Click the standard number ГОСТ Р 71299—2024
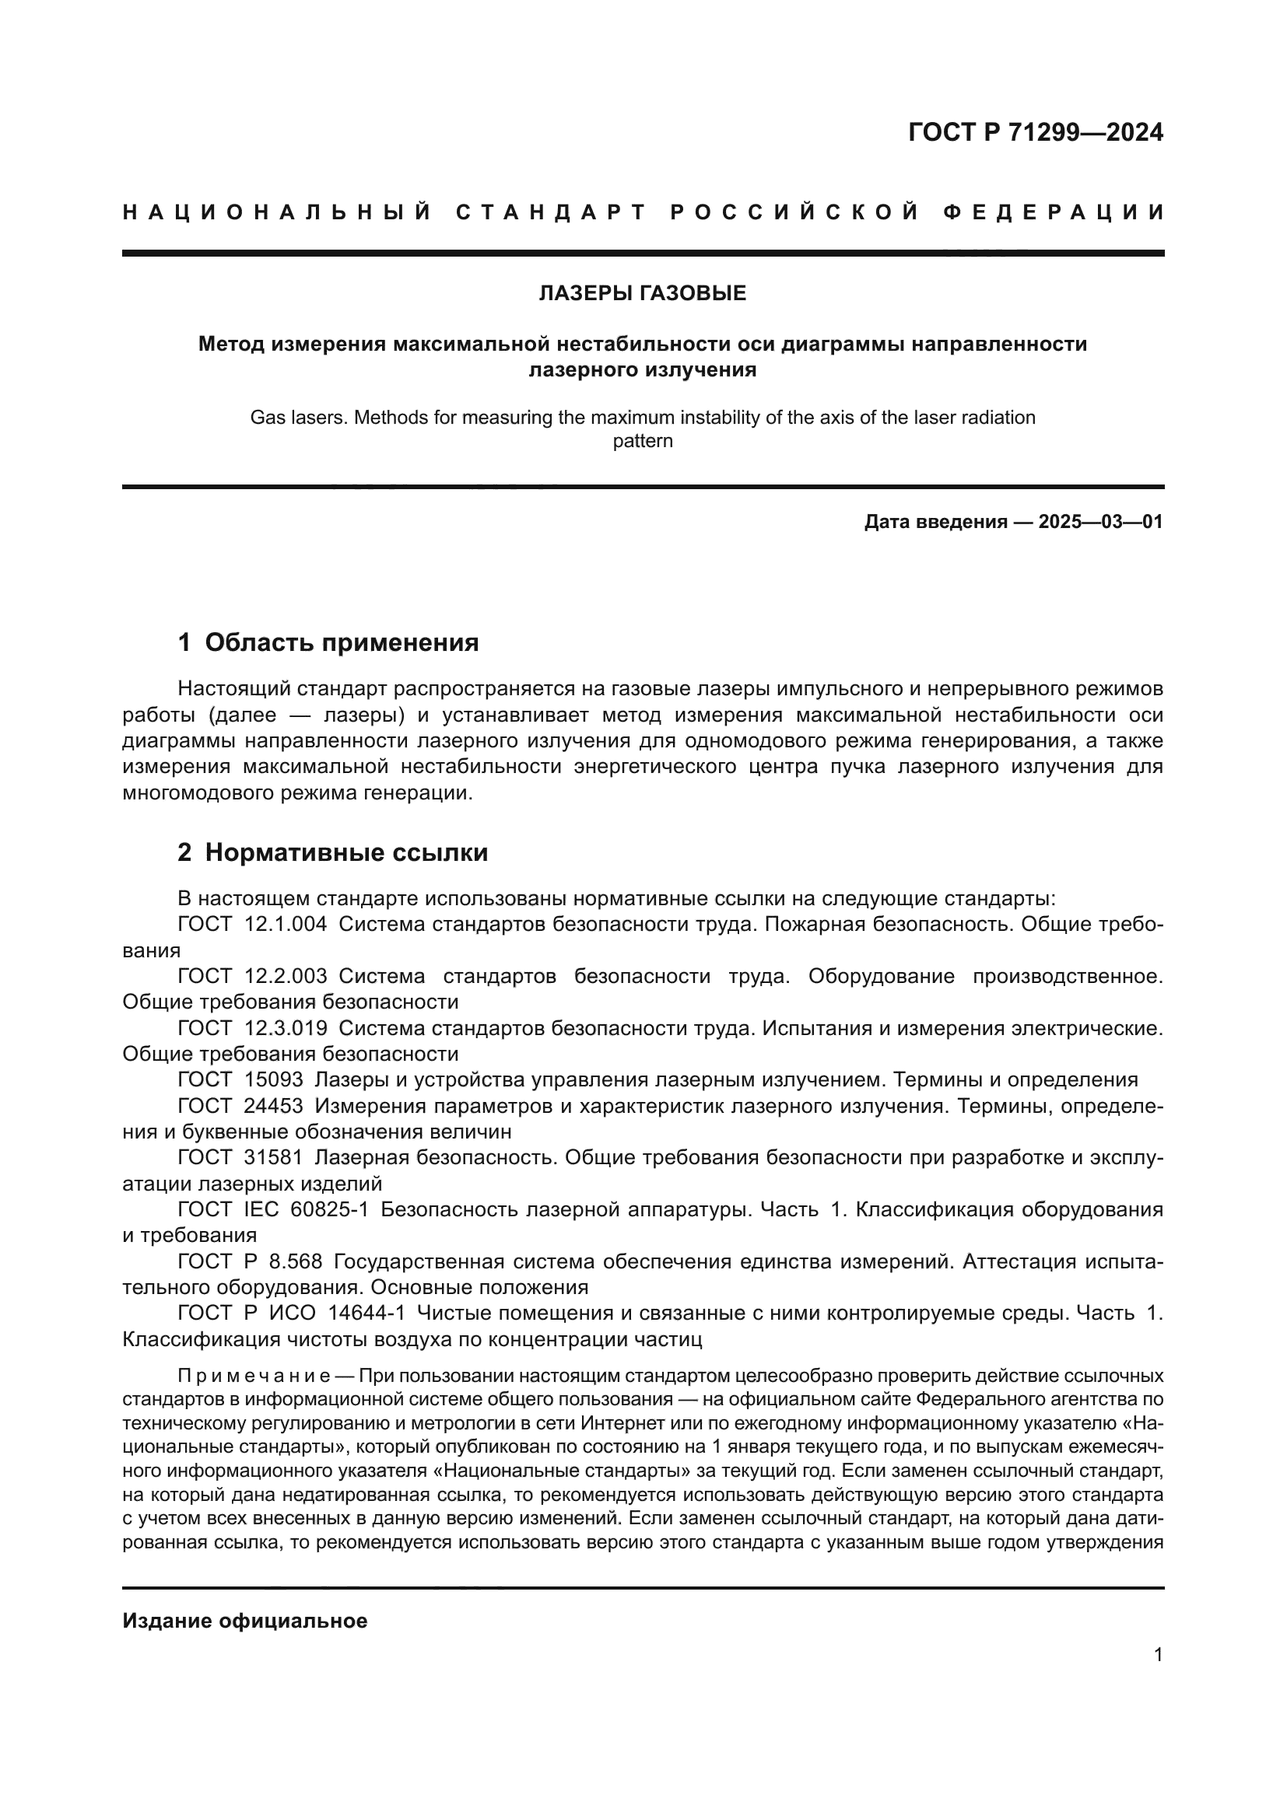pyautogui.click(x=1035, y=132)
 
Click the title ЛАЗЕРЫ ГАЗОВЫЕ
pyautogui.click(x=642, y=294)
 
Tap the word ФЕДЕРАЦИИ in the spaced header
pyautogui.click(x=1054, y=212)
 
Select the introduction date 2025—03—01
pyautogui.click(x=1101, y=522)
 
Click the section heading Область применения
pyautogui.click(x=342, y=642)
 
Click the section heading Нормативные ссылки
pyautogui.click(x=346, y=852)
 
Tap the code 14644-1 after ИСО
pyautogui.click(x=366, y=1314)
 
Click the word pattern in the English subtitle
pyautogui.click(x=642, y=441)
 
